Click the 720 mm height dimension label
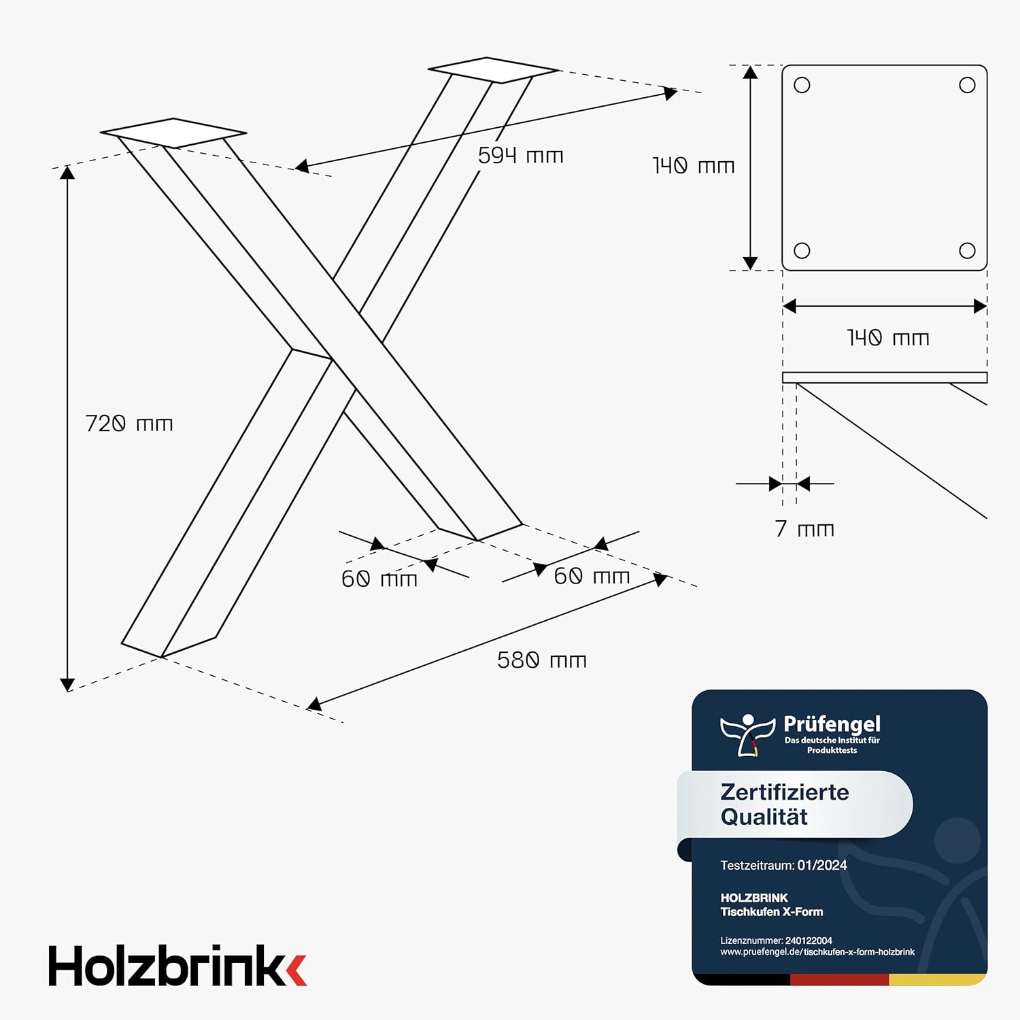tap(129, 424)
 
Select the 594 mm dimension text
tap(521, 156)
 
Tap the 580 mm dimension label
tap(542, 660)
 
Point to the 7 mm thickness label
tap(804, 529)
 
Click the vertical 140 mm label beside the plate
tap(694, 166)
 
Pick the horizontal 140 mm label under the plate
tap(888, 338)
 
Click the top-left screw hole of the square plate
tap(802, 85)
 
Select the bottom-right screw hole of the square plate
tap(967, 250)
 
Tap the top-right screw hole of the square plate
tap(967, 85)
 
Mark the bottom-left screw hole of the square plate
tap(802, 250)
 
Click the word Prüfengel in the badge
tap(832, 724)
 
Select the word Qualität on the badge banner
tap(764, 817)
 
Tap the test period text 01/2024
tap(822, 866)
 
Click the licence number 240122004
tap(809, 941)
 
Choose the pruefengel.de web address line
tap(817, 952)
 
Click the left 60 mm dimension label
tap(379, 579)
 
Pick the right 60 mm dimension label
tap(592, 577)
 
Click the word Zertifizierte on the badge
tap(785, 792)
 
